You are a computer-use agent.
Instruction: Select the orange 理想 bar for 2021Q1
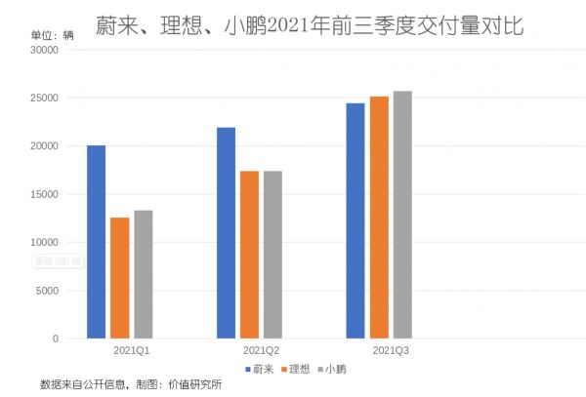pyautogui.click(x=119, y=278)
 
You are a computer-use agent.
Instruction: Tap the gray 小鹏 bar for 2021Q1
pyautogui.click(x=143, y=274)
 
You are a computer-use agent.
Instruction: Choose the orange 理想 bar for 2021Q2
pyautogui.click(x=249, y=255)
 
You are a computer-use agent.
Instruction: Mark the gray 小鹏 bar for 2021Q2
pyautogui.click(x=272, y=255)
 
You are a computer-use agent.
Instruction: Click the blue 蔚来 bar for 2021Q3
pyautogui.click(x=356, y=220)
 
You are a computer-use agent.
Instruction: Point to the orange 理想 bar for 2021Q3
pyautogui.click(x=379, y=218)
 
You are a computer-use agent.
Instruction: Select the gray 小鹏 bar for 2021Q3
pyautogui.click(x=402, y=215)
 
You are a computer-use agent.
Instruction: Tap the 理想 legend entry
pyautogui.click(x=296, y=369)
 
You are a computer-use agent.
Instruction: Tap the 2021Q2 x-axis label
pyautogui.click(x=261, y=349)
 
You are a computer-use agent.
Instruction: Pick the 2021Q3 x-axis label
pyautogui.click(x=391, y=349)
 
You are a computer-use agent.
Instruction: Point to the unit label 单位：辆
pyautogui.click(x=53, y=34)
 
